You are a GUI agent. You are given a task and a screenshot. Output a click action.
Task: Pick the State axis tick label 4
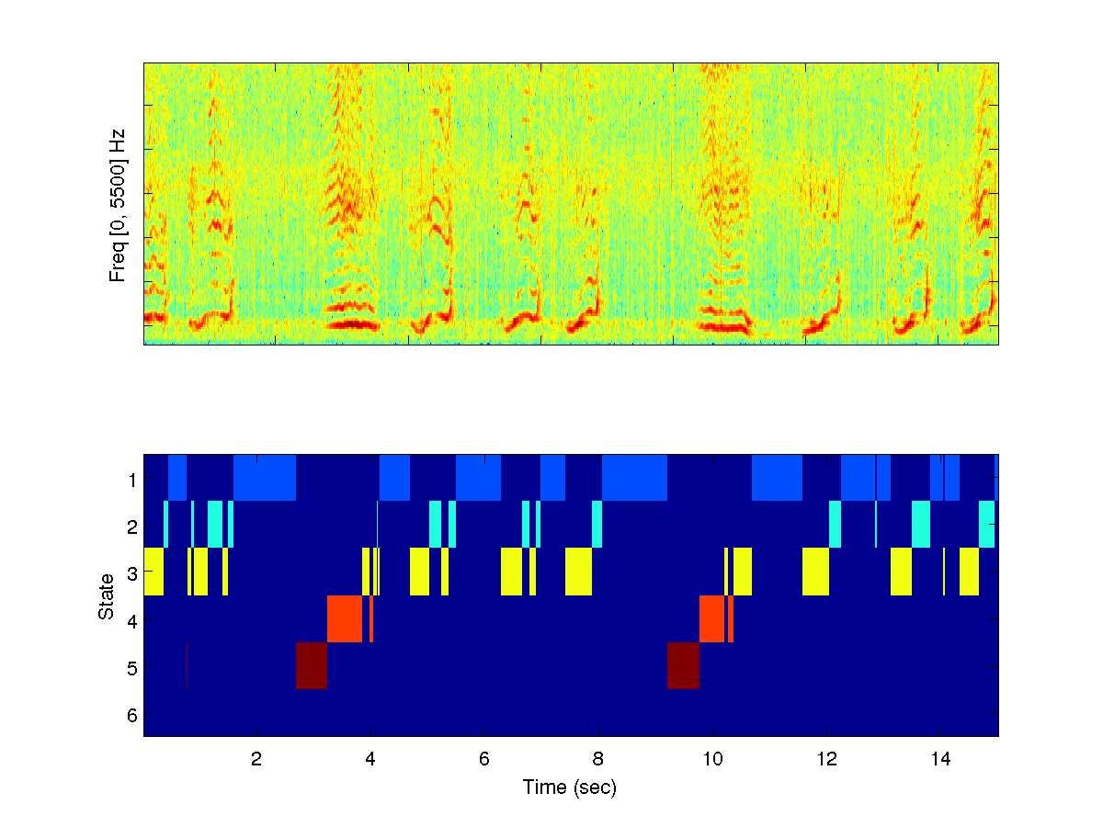(132, 620)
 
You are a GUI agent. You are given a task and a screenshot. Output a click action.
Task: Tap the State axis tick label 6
(132, 714)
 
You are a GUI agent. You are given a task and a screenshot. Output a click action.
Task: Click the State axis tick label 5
(132, 667)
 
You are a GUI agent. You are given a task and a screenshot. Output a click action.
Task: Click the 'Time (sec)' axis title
(570, 787)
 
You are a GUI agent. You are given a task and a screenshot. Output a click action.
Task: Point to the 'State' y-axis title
(107, 595)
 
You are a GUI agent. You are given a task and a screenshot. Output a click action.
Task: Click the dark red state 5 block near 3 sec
(312, 666)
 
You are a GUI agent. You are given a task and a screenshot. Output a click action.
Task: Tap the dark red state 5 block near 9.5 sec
(683, 666)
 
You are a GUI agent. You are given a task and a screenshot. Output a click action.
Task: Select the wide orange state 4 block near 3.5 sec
(345, 619)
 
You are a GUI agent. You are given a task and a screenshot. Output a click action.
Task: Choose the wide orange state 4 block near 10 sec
(712, 619)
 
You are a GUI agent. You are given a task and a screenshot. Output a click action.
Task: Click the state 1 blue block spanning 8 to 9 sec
(634, 478)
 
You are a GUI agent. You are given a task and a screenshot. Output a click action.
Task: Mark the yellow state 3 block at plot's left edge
(154, 572)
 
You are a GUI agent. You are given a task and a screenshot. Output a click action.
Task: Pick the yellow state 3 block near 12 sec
(815, 572)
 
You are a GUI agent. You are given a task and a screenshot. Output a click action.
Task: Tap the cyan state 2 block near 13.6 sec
(921, 525)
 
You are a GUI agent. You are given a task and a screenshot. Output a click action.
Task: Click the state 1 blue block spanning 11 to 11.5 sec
(777, 478)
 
